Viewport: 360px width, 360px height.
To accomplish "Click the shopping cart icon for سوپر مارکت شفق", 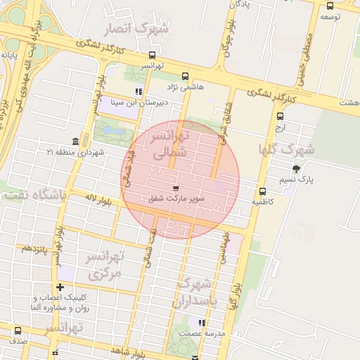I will pos(175,188).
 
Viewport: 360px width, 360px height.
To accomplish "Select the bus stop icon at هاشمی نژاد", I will pos(185,77).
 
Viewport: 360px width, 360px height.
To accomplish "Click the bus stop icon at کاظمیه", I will pos(262,191).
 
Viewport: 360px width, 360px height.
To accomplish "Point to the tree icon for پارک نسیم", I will pos(295,168).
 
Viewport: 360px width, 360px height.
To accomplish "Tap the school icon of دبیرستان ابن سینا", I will pos(139,91).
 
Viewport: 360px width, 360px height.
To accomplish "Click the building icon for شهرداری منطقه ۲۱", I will pos(75,141).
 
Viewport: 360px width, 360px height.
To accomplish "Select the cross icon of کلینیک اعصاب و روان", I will pos(60,287).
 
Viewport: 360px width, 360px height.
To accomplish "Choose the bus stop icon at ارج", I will pos(281,117).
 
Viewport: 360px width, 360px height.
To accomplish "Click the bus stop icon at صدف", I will pos(18,330).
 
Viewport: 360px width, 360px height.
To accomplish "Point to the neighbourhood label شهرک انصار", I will pos(136,30).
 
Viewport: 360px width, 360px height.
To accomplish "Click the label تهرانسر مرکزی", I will pos(103,264).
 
